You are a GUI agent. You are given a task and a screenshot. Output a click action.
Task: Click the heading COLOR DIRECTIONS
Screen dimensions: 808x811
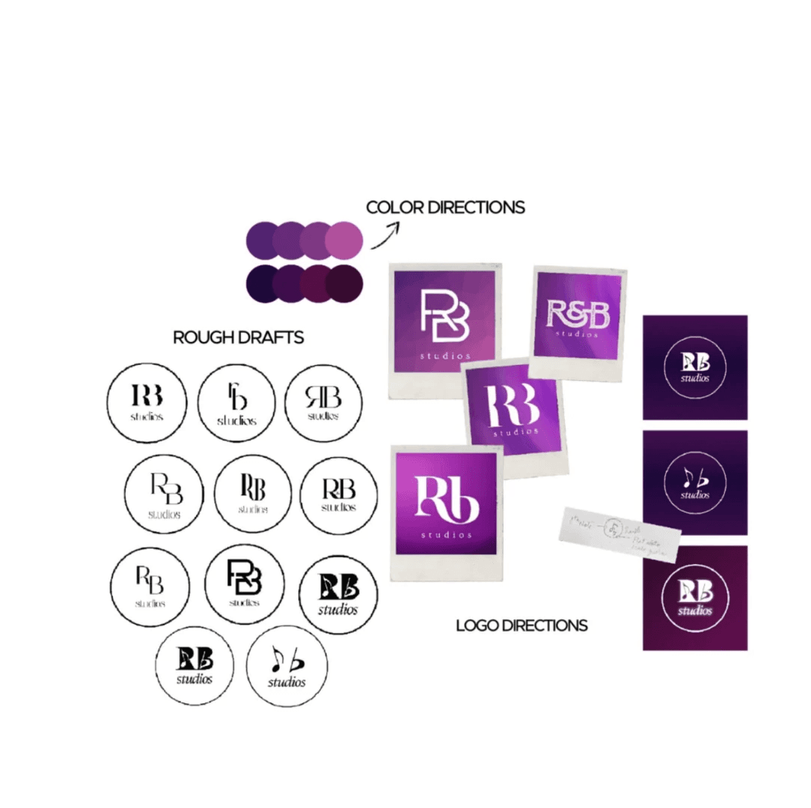coord(445,207)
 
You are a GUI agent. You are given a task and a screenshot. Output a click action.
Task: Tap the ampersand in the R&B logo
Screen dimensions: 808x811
coord(577,314)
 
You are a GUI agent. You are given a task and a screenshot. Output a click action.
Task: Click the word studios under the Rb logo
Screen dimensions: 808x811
coord(446,535)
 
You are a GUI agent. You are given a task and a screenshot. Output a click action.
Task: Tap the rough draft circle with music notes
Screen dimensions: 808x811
coord(287,667)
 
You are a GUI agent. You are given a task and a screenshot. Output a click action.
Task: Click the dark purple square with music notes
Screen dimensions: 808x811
coord(695,483)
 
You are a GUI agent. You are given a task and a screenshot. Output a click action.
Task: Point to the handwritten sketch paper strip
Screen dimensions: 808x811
coord(619,533)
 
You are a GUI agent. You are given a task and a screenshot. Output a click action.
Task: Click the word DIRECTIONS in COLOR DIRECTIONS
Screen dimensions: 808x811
coord(476,207)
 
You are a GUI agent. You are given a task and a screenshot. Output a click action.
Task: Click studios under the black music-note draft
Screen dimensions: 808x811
coord(287,682)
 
